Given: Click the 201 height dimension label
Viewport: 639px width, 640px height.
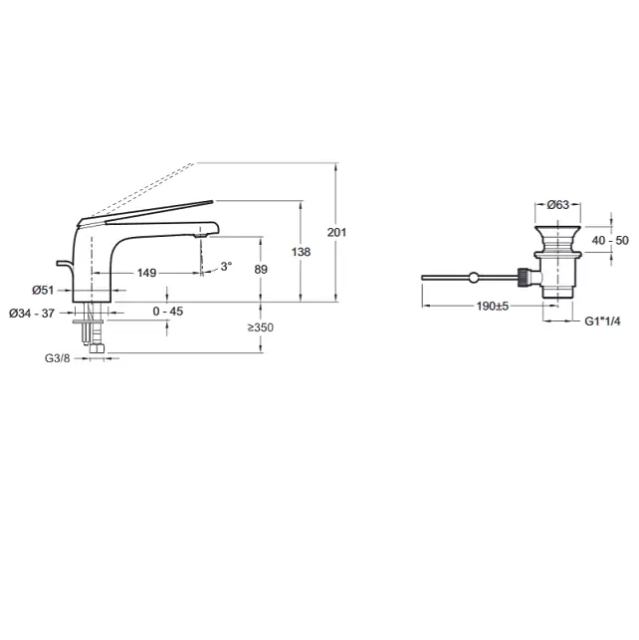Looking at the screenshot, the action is [336, 232].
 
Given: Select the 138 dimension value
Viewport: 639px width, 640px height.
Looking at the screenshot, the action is [302, 252].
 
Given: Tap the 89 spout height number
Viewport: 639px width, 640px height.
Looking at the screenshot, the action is [261, 270].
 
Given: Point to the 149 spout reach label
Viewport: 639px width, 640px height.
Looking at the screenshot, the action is [147, 273].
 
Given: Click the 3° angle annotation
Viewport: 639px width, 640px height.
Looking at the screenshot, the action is [226, 267].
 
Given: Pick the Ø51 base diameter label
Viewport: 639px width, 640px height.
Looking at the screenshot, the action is [43, 291].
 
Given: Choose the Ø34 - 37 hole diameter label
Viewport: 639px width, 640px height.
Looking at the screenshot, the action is [32, 314].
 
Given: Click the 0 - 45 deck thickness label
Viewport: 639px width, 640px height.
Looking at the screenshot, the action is [168, 312].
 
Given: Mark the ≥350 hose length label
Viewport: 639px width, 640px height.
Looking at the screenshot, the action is [261, 327].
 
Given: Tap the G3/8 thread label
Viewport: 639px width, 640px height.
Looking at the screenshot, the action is [58, 358].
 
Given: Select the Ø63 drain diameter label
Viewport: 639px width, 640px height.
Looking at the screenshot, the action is [558, 204].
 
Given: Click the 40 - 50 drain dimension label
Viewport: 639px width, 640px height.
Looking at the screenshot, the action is [610, 241].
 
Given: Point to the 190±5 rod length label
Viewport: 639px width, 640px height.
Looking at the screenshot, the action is [493, 307].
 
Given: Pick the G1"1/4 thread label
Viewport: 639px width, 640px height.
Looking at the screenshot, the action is [603, 321].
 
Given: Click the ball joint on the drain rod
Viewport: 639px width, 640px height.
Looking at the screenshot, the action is [474, 278].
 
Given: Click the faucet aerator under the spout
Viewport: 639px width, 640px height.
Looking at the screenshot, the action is [201, 235].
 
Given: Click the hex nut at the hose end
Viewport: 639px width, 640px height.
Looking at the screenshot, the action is [98, 348].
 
